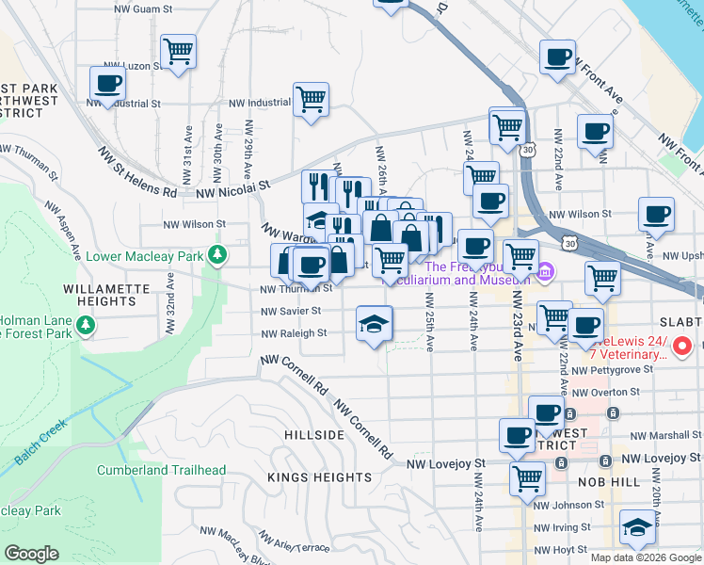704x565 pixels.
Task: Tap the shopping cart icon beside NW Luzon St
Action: [177, 52]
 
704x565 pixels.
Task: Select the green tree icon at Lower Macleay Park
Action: [217, 254]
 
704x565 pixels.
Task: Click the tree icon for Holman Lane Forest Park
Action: [87, 325]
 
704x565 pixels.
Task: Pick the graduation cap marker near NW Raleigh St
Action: [374, 325]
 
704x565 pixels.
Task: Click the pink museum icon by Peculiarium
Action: [546, 273]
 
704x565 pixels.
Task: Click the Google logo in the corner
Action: [32, 553]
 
